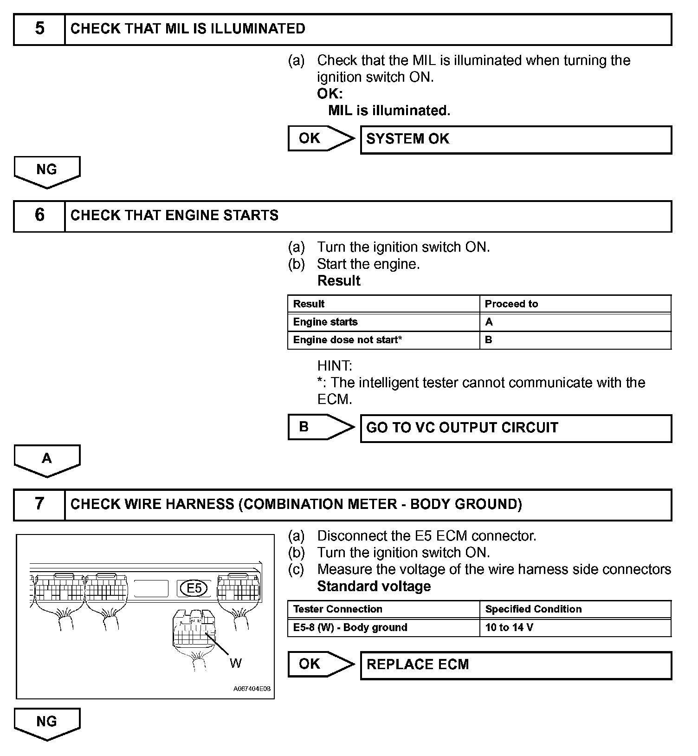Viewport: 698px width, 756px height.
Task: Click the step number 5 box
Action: click(x=39, y=29)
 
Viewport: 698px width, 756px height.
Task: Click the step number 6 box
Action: click(x=39, y=216)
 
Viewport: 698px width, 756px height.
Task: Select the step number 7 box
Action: click(x=39, y=505)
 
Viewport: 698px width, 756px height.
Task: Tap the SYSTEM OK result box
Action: click(x=516, y=139)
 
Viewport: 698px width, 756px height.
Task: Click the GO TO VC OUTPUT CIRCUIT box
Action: click(x=516, y=428)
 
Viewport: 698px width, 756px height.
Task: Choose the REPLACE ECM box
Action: click(x=516, y=665)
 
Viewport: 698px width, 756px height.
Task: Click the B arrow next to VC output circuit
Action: click(x=320, y=427)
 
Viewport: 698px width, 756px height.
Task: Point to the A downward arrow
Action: click(x=47, y=460)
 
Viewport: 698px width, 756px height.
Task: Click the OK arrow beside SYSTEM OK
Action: click(x=320, y=138)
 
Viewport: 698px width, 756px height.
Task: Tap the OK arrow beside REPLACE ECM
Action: click(x=320, y=664)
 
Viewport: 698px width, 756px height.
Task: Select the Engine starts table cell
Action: click(x=383, y=322)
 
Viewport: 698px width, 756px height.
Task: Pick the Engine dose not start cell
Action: click(x=383, y=340)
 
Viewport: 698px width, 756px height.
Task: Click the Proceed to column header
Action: click(x=575, y=304)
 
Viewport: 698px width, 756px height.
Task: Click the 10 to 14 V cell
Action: click(x=575, y=628)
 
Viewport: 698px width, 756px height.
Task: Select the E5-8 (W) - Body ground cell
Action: click(x=383, y=628)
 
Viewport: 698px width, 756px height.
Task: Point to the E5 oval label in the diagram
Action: click(x=194, y=588)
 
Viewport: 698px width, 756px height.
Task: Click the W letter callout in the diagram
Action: click(x=236, y=664)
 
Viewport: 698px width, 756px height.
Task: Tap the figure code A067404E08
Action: click(x=252, y=689)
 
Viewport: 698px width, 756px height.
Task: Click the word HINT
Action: click(x=335, y=366)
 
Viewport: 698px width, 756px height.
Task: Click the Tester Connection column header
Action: click(x=383, y=609)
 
